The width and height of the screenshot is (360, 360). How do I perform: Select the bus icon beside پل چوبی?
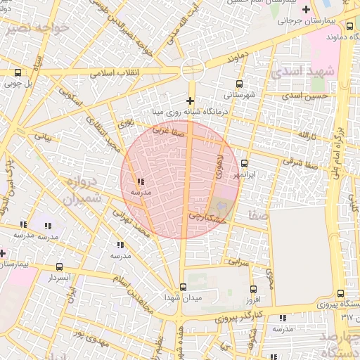(x=18, y=72)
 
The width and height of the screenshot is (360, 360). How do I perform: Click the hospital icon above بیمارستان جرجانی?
(x=305, y=10)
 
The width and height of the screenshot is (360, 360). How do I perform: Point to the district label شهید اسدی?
(x=296, y=72)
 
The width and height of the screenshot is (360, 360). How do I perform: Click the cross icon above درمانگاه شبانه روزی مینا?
(x=191, y=101)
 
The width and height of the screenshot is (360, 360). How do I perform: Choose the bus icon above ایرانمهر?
(x=244, y=163)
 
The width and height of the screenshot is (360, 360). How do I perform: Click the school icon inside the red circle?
(x=142, y=181)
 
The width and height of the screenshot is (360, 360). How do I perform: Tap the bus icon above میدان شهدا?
(x=183, y=287)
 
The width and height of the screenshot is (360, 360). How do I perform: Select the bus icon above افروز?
(x=253, y=289)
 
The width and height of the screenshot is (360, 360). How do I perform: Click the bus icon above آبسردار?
(x=59, y=267)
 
